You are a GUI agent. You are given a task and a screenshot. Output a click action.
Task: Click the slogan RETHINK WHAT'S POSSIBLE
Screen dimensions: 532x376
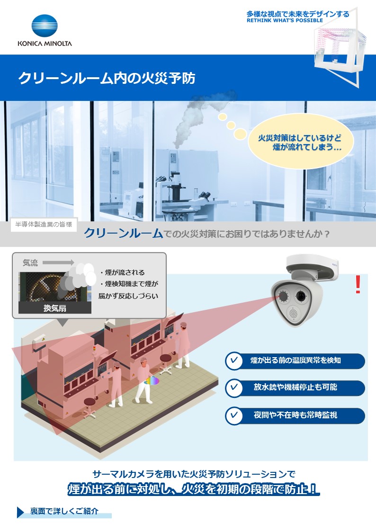tap(285, 21)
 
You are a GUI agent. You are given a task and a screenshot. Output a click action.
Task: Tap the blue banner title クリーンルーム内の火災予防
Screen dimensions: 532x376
tap(107, 78)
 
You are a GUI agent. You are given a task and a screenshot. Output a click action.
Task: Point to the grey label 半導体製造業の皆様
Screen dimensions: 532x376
tap(44, 225)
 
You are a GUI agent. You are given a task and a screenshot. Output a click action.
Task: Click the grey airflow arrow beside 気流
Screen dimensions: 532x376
tap(58, 262)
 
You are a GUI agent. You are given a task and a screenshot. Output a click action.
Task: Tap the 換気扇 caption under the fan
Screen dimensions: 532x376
tap(54, 308)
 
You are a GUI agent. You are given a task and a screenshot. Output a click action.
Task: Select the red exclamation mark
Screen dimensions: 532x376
tap(358, 284)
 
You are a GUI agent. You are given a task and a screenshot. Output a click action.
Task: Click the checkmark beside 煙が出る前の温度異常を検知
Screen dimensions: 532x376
tap(233, 361)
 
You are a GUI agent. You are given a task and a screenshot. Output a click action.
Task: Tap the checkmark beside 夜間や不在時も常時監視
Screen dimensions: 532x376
tap(233, 415)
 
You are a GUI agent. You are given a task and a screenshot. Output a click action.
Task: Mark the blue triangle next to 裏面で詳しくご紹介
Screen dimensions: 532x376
tap(20, 512)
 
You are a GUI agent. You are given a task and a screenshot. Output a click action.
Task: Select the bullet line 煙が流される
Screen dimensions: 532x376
tap(123, 273)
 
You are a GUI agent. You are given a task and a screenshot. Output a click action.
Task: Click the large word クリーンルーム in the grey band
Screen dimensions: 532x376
tap(123, 234)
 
